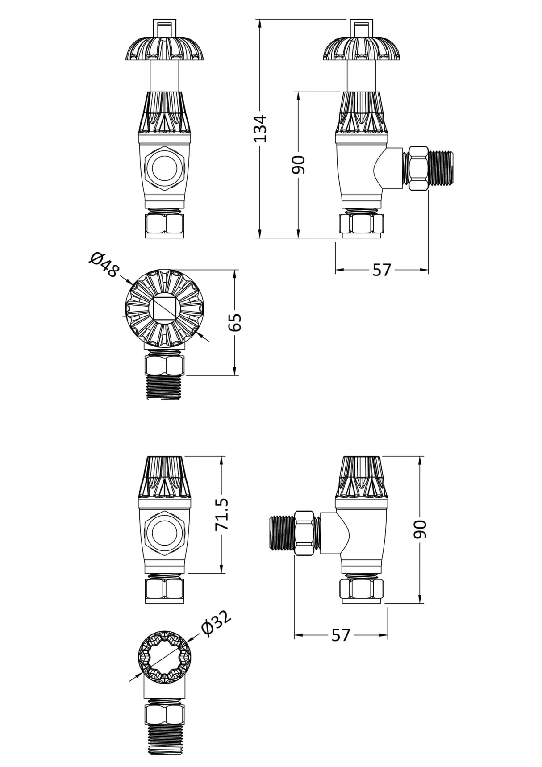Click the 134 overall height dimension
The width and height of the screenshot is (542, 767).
260,129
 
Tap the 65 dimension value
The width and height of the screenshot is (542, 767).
236,322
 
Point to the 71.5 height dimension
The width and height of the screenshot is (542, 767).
222,514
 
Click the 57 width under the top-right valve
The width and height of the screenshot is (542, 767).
382,270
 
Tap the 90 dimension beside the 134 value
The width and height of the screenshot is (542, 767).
298,164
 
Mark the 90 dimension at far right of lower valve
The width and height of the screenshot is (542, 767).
420,529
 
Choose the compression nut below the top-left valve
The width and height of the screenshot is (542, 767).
164,225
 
